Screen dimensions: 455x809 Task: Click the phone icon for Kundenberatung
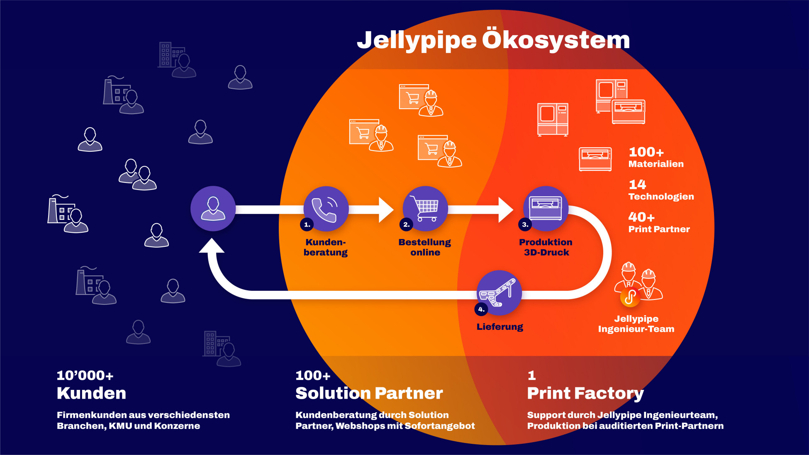point(326,209)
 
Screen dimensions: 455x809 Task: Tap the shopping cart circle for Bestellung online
point(425,208)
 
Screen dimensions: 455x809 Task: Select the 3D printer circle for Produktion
point(546,208)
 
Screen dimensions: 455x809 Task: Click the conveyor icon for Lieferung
point(499,292)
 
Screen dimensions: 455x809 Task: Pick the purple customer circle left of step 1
point(213,208)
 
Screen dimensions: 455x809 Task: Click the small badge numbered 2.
point(406,224)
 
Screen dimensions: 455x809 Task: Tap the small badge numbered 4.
point(481,309)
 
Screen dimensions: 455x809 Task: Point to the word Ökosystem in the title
point(556,40)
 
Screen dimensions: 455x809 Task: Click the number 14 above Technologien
point(637,184)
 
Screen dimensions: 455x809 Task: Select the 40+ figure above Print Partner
point(641,217)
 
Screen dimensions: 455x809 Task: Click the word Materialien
point(656,164)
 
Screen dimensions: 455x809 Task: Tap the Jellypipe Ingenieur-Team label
point(636,324)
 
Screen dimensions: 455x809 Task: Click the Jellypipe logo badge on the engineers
point(630,297)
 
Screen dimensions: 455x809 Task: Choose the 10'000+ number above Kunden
point(85,375)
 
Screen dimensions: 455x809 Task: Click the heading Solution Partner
point(369,393)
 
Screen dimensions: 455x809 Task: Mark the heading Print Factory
point(585,393)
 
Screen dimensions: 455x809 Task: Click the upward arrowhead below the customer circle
point(212,246)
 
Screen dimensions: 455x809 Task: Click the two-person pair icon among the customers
point(138,175)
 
